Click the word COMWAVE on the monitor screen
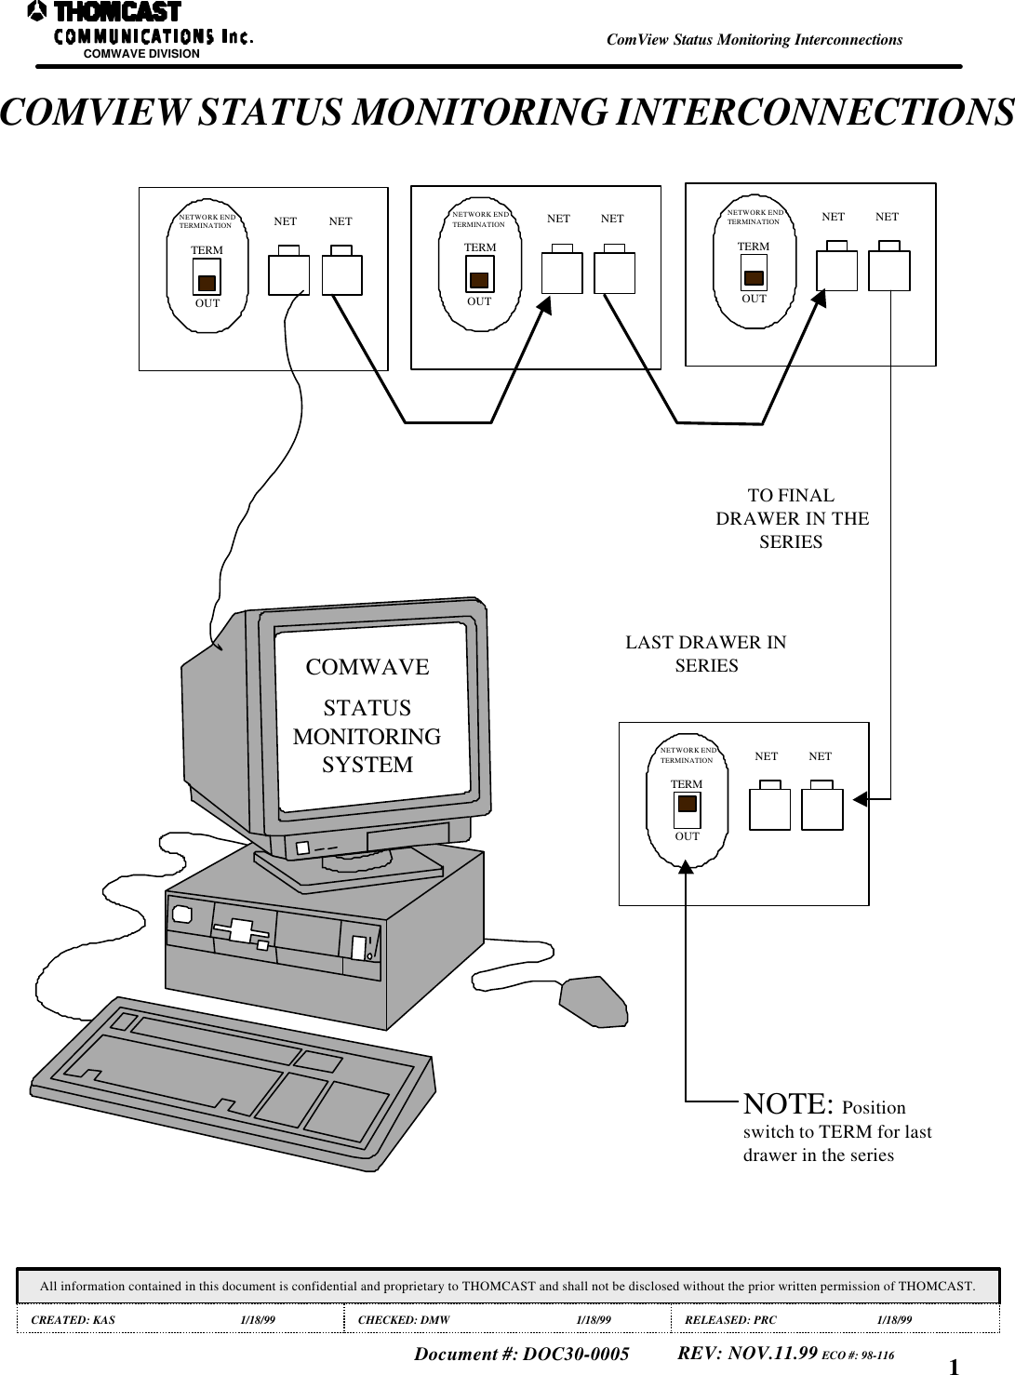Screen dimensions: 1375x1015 click(367, 667)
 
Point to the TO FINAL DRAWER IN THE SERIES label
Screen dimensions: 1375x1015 click(792, 518)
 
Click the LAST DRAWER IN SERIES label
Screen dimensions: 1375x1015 click(705, 654)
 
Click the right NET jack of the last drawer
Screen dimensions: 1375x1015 click(821, 808)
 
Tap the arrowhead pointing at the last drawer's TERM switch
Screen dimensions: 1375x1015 click(686, 867)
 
